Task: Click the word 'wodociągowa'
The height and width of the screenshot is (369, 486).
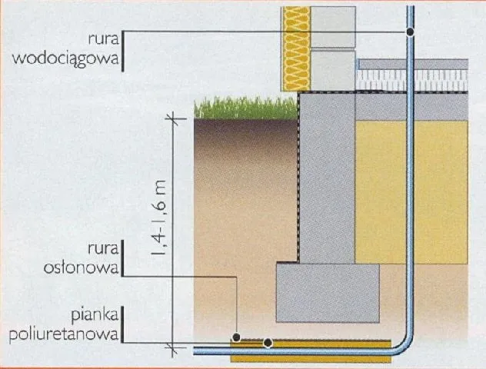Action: point(65,58)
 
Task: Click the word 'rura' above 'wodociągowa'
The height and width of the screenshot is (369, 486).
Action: point(104,39)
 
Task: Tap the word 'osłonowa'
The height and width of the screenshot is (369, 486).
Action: point(82,268)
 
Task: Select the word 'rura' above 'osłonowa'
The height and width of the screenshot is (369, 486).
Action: point(104,249)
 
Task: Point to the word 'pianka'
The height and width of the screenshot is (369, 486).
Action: point(95,315)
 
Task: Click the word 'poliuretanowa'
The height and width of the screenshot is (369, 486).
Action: point(64,334)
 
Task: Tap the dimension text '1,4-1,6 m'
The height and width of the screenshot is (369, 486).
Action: point(158,218)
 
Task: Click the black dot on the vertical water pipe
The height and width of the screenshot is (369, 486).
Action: point(410,32)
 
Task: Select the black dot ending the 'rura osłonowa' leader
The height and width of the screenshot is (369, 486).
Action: point(236,337)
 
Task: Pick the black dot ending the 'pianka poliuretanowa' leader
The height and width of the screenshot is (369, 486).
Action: point(268,343)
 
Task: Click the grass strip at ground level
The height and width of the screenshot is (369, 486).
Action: point(245,108)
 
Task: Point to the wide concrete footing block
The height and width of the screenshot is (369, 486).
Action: point(328,293)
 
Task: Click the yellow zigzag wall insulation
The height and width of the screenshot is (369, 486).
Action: point(295,49)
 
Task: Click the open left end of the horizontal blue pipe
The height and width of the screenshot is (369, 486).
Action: point(195,351)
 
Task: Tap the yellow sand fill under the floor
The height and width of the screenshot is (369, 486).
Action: point(411,192)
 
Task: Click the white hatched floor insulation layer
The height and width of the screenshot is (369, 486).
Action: point(412,80)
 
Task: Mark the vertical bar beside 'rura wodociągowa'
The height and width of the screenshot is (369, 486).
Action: point(123,51)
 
